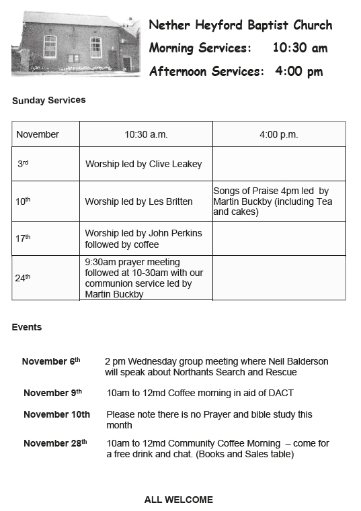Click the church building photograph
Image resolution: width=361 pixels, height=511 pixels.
pyautogui.click(x=75, y=44)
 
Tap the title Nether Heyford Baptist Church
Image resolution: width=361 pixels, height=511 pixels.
pyautogui.click(x=240, y=26)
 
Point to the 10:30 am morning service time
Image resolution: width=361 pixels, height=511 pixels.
pyautogui.click(x=300, y=48)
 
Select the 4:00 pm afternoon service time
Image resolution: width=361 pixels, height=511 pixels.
pyautogui.click(x=298, y=71)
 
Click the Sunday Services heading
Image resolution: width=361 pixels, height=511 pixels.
pyautogui.click(x=48, y=100)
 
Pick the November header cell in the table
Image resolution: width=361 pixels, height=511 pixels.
pyautogui.click(x=38, y=134)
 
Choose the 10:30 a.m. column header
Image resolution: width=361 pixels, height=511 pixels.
pyautogui.click(x=146, y=134)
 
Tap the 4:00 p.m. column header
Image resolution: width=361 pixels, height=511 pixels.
pyautogui.click(x=278, y=134)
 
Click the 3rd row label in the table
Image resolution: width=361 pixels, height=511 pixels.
pyautogui.click(x=23, y=164)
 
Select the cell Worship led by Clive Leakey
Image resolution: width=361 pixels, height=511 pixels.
pyautogui.click(x=143, y=164)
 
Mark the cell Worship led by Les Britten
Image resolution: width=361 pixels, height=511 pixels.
pyautogui.click(x=138, y=201)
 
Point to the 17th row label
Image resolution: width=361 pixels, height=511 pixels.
pyautogui.click(x=23, y=238)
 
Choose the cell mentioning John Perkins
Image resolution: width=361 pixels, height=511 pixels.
pyautogui.click(x=143, y=238)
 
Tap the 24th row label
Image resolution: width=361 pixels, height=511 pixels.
pyautogui.click(x=23, y=277)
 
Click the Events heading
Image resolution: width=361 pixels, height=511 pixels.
pyautogui.click(x=27, y=328)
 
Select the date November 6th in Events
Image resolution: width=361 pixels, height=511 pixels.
pyautogui.click(x=51, y=361)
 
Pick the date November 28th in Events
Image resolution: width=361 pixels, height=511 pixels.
pyautogui.click(x=55, y=443)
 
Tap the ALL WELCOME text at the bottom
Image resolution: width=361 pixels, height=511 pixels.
pyautogui.click(x=179, y=500)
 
